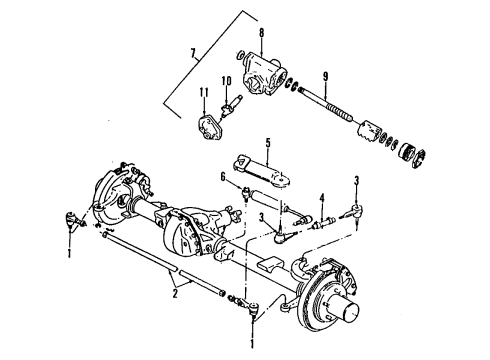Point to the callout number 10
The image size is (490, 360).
226,81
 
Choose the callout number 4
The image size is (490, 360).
321,196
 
